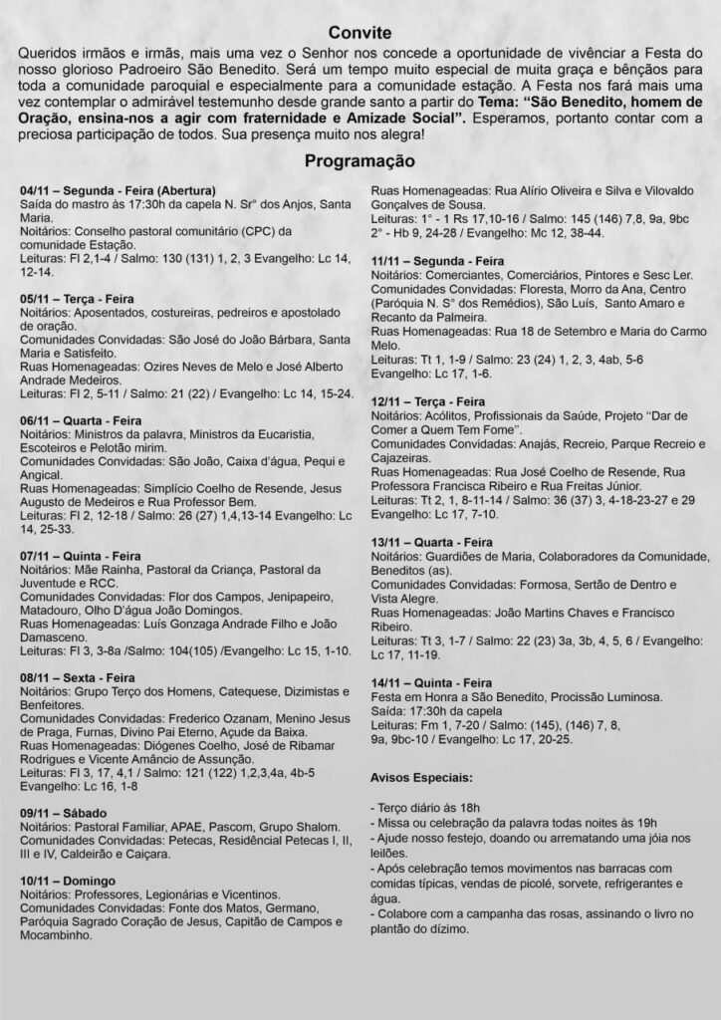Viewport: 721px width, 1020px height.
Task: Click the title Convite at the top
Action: [360, 33]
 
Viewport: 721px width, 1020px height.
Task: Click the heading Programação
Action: [360, 160]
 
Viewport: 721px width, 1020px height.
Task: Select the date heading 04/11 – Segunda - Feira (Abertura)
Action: [118, 190]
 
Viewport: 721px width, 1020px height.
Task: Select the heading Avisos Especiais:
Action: [422, 776]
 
